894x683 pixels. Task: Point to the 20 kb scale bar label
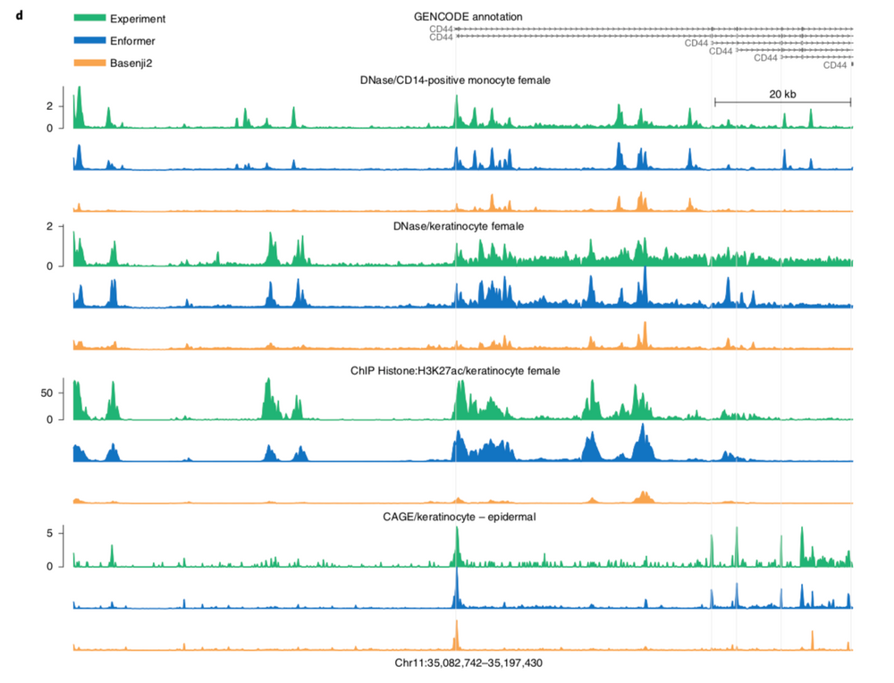782,93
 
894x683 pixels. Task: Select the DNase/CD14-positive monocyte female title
455,80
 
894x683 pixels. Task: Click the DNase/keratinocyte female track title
458,226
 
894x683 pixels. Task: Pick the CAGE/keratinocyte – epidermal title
460,516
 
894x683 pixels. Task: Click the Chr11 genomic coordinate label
468,663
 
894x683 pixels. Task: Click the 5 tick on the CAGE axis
58,533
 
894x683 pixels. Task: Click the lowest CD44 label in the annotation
834,65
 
